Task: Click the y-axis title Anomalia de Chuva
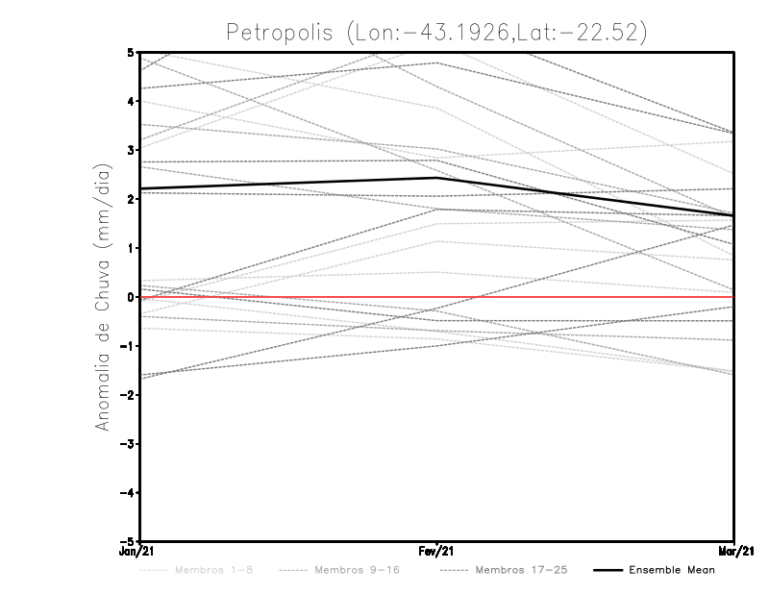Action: tap(102, 296)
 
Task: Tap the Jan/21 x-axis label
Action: tap(135, 552)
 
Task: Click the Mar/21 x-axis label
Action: tap(734, 552)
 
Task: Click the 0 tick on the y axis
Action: tap(130, 297)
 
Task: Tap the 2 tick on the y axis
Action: tap(130, 199)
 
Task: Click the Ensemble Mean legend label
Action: tap(671, 570)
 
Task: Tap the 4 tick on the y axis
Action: tap(130, 101)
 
